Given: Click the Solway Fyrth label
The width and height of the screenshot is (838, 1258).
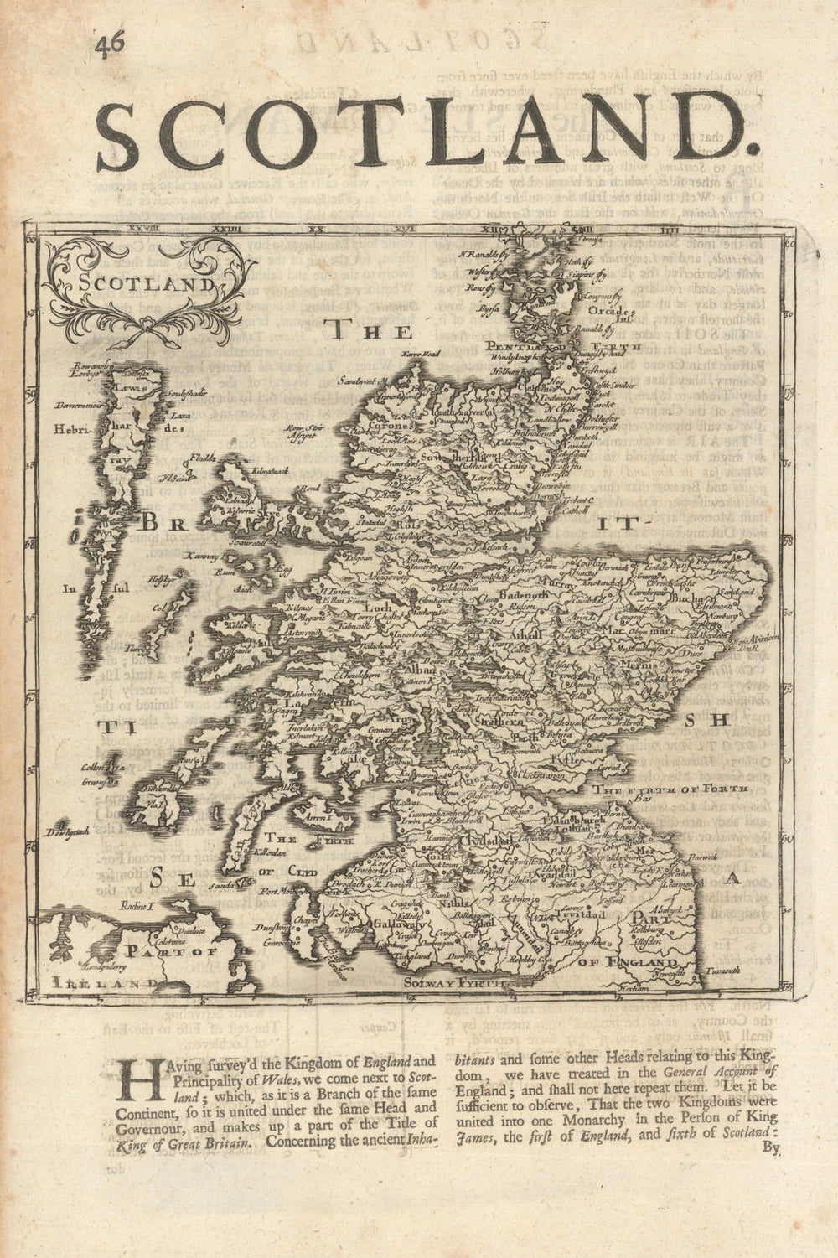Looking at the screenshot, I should tap(455, 978).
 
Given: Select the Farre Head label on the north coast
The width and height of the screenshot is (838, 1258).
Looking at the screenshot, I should tap(420, 355).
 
